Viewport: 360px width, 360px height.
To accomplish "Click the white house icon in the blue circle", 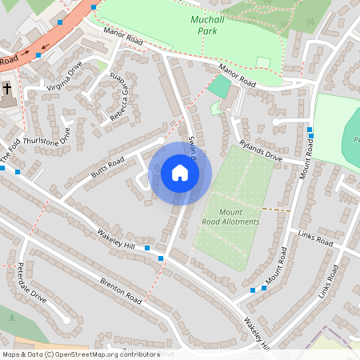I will [x=180, y=173].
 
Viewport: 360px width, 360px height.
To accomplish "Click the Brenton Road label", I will [x=121, y=290].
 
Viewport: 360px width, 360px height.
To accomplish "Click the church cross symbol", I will [x=7, y=89].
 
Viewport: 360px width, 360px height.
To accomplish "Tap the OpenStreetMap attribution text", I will [x=81, y=354].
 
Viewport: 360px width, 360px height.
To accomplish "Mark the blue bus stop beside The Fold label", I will [x=18, y=171].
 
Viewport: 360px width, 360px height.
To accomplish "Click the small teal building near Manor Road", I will [x=219, y=86].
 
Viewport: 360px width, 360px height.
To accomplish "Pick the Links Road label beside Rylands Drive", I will [x=314, y=238].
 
